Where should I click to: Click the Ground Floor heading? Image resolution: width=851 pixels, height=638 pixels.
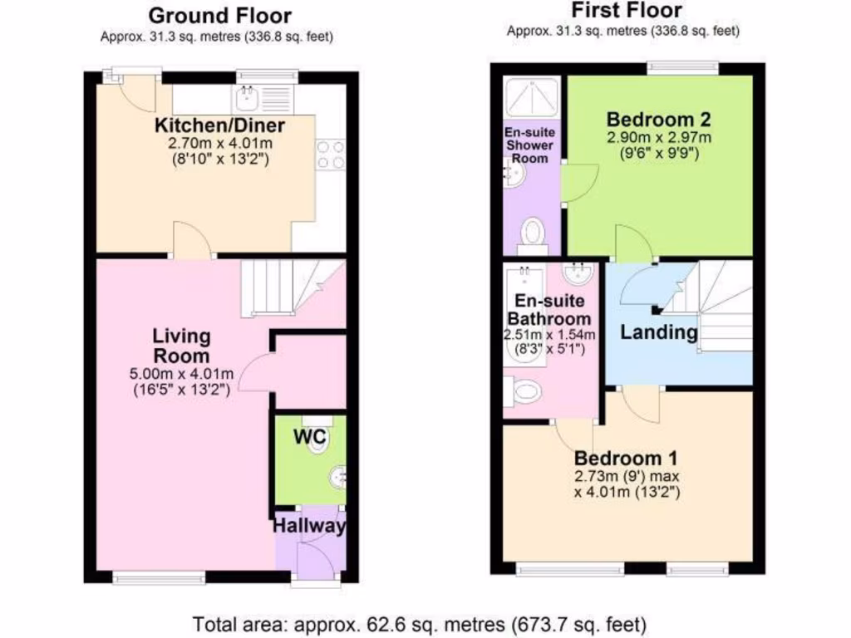(x=219, y=16)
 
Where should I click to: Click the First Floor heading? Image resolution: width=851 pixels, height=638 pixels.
(x=627, y=11)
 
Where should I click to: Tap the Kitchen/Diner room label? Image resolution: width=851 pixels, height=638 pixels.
(x=220, y=126)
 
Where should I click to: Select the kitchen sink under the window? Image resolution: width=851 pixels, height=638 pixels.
(x=248, y=101)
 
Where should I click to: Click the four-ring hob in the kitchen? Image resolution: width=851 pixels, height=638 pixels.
(x=330, y=155)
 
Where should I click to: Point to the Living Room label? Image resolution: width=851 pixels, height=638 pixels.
(x=181, y=346)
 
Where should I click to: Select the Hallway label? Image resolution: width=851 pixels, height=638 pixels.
(x=309, y=526)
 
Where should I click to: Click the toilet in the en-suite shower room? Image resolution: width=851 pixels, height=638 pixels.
(x=532, y=234)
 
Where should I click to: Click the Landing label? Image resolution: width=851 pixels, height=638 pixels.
(x=659, y=333)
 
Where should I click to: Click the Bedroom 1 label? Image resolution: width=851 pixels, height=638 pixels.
(x=627, y=458)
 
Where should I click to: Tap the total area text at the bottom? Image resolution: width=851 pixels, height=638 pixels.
(x=420, y=623)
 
